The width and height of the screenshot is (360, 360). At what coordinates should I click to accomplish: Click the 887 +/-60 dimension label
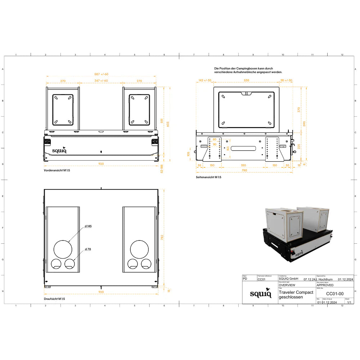pos(101,74)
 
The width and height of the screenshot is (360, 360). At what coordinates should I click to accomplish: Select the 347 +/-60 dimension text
pos(101,81)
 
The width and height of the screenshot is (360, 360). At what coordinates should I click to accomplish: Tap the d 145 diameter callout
pos(88,226)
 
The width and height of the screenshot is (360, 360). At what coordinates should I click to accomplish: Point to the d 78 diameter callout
pos(88,249)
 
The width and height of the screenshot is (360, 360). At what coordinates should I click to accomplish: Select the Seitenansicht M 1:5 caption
pos(208,177)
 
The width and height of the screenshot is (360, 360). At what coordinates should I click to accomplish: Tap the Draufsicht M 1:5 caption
pos(54,299)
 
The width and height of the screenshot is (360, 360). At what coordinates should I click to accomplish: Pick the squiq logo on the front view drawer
pos(59,150)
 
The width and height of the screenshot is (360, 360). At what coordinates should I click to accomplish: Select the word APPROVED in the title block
pos(325,285)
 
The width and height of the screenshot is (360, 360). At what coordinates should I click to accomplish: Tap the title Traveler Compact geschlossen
pos(296,294)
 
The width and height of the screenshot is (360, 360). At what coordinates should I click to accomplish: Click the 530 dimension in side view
pos(246,80)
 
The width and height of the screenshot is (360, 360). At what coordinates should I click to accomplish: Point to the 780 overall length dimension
pos(244,170)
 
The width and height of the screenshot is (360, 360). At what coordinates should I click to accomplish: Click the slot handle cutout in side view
pos(244,148)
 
